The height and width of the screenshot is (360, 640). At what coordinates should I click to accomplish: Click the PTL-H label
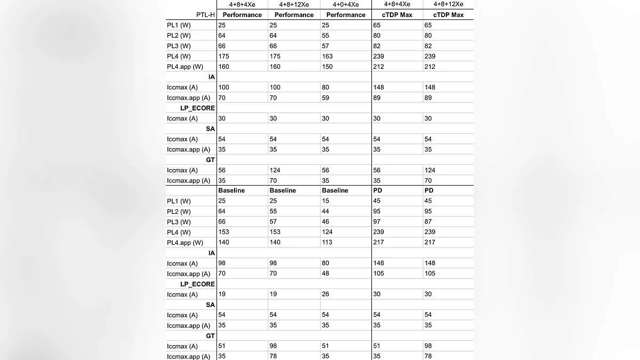[x=205, y=15]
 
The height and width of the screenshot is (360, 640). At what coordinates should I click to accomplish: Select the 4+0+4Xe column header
[x=346, y=5]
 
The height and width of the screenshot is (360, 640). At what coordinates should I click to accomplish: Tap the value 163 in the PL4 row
[x=327, y=56]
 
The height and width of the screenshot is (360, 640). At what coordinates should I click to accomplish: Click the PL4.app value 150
[x=327, y=67]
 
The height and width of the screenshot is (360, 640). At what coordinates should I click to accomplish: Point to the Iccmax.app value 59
[x=325, y=98]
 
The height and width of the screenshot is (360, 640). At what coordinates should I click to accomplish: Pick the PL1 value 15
[x=325, y=201]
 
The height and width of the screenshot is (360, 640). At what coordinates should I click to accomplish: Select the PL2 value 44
[x=325, y=211]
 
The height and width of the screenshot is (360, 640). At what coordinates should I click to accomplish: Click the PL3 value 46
[x=325, y=222]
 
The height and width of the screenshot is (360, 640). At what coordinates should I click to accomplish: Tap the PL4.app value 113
[x=327, y=242]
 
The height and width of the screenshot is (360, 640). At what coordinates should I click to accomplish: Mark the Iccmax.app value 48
[x=325, y=274]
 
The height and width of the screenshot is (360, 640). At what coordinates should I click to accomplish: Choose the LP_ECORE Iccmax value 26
[x=325, y=294]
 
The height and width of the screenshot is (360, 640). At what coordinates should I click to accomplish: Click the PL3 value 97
[x=377, y=222]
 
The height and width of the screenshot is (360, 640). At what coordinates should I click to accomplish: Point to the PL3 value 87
[x=428, y=222]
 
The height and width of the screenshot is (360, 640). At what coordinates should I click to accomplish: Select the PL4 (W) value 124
[x=327, y=232]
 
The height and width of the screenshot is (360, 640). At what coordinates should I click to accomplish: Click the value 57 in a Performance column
[x=325, y=46]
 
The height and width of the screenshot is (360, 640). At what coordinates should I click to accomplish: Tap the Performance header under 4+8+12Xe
[x=294, y=15]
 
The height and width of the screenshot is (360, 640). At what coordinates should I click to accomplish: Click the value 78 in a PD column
[x=428, y=356]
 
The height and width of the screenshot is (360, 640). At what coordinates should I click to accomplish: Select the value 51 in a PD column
[x=377, y=346]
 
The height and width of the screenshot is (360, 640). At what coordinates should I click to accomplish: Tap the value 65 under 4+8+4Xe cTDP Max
[x=377, y=25]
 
